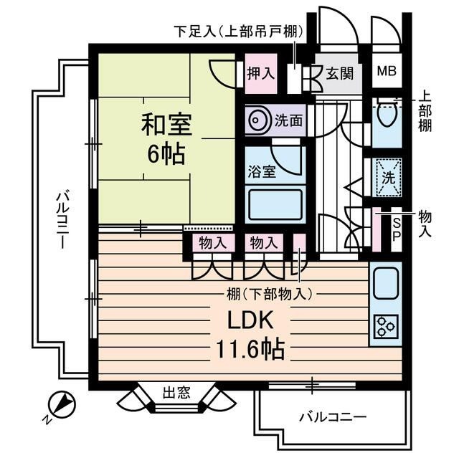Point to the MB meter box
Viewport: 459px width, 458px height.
pyautogui.click(x=387, y=72)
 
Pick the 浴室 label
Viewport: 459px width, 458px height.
pyautogui.click(x=259, y=172)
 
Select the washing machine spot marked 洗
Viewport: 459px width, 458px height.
pyautogui.click(x=387, y=174)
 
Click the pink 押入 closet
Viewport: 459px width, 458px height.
pyautogui.click(x=260, y=72)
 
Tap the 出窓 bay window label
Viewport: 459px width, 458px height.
pyautogui.click(x=176, y=392)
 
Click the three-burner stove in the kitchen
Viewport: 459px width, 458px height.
pyautogui.click(x=385, y=328)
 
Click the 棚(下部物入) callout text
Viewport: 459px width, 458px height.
pyautogui.click(x=266, y=292)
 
